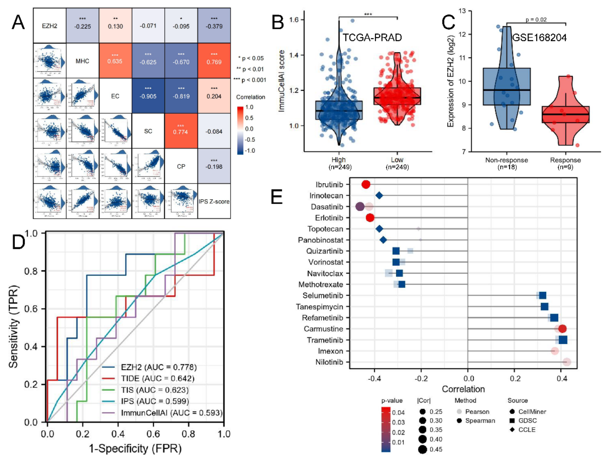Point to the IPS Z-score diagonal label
[214, 202]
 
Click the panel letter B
[278, 22]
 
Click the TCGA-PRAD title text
[372, 37]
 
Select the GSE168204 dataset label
[539, 37]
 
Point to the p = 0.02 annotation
[536, 20]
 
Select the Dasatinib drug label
[327, 207]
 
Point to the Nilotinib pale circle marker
[567, 362]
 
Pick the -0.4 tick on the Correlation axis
[374, 378]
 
